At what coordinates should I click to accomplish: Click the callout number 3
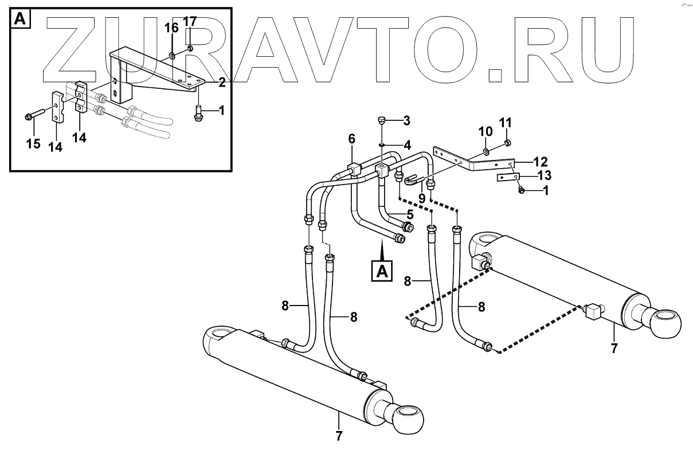(x=406, y=120)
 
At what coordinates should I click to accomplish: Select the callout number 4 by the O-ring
(x=407, y=146)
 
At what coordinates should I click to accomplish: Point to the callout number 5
(x=410, y=215)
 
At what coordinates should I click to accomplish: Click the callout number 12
(x=541, y=161)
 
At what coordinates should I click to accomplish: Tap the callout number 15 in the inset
(x=33, y=143)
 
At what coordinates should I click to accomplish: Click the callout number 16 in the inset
(x=172, y=28)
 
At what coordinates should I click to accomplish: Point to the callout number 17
(x=190, y=22)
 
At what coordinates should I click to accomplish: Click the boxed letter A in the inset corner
(x=20, y=19)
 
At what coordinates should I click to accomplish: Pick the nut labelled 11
(x=507, y=143)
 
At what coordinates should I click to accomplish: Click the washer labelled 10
(x=486, y=152)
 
